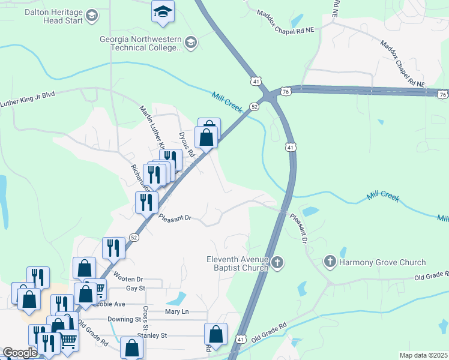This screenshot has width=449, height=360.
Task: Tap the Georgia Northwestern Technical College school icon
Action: (x=191, y=41)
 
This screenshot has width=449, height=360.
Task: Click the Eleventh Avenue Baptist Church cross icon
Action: (x=277, y=262)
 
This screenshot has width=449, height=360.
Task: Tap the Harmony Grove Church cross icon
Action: (x=330, y=262)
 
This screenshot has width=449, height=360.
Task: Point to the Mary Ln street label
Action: (x=176, y=312)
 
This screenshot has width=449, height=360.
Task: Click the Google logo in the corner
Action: (x=20, y=353)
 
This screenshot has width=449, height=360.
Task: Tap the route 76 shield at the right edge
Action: (x=442, y=94)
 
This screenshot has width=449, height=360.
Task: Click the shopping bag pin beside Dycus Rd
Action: (x=206, y=137)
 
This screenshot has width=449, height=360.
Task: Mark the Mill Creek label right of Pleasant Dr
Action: (x=382, y=196)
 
